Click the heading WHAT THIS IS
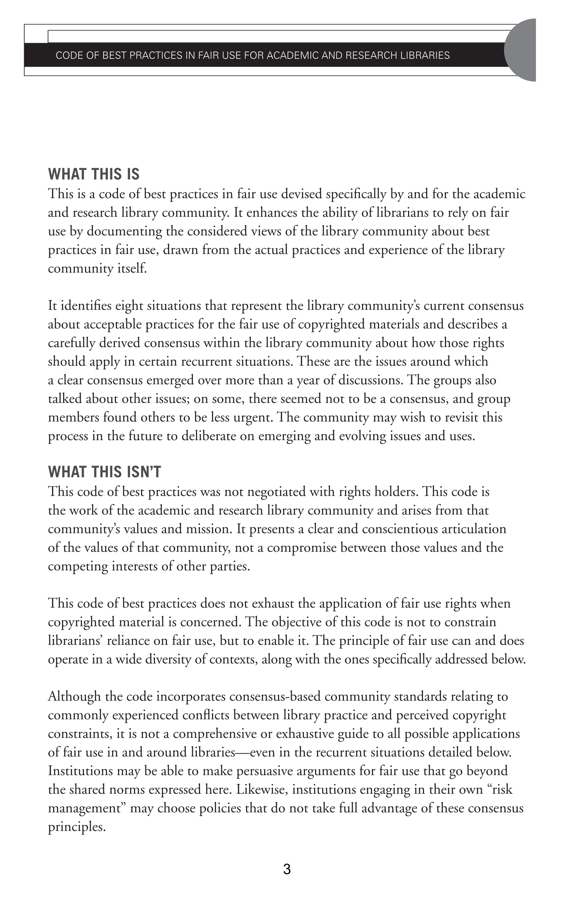tap(94, 174)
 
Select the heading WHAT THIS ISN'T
tap(105, 472)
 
